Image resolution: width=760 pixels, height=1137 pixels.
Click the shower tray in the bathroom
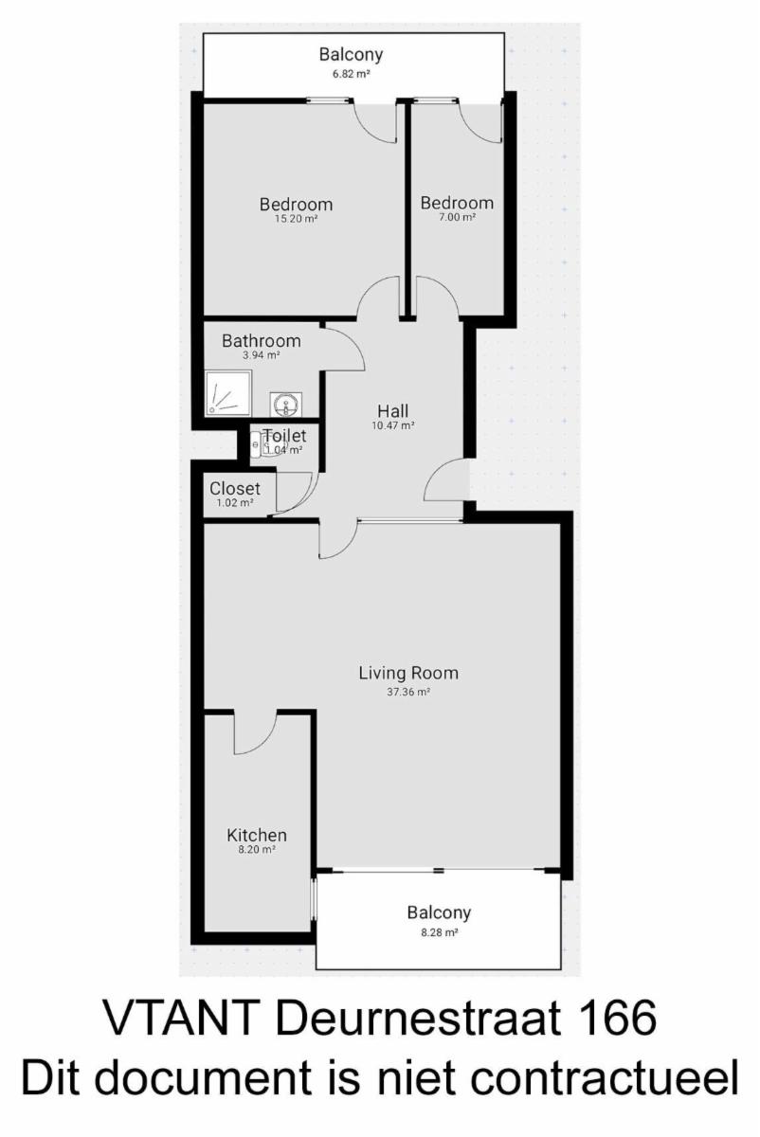(x=228, y=393)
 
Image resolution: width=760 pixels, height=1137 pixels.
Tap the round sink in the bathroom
(x=286, y=405)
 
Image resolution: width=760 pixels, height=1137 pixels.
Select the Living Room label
(x=408, y=673)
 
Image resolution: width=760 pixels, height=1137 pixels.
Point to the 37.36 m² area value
(x=408, y=692)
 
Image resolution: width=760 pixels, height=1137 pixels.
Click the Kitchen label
(x=257, y=835)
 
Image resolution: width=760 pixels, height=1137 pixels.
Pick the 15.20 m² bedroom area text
(x=297, y=219)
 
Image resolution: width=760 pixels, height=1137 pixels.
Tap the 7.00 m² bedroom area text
(x=458, y=217)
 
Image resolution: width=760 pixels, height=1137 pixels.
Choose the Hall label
(x=393, y=410)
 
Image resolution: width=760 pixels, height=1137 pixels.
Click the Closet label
(x=235, y=488)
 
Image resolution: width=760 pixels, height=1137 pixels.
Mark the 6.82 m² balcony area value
(x=351, y=74)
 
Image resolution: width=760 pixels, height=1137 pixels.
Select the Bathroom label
(x=262, y=340)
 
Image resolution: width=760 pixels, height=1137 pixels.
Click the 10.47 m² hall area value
(x=393, y=425)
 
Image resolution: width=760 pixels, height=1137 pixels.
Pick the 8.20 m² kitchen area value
(x=257, y=850)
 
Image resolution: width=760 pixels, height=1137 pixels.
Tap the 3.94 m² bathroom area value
(x=262, y=355)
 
